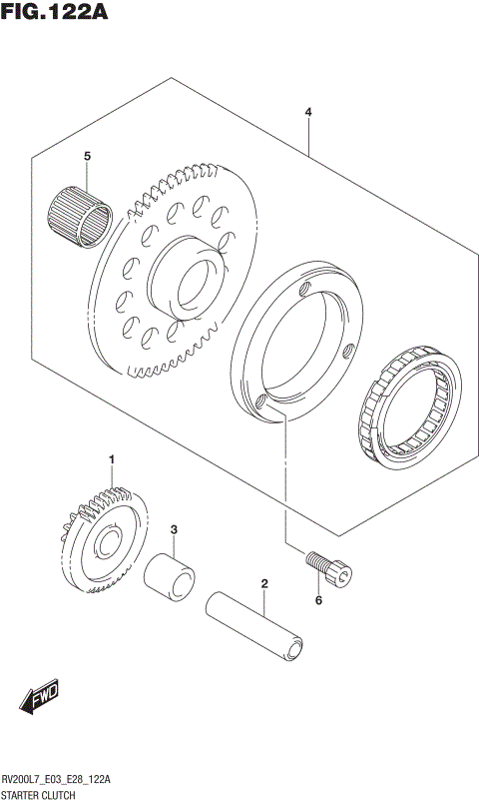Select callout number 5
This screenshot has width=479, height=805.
pyautogui.click(x=87, y=157)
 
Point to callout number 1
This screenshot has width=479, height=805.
pyautogui.click(x=112, y=458)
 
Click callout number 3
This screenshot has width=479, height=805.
pyautogui.click(x=173, y=529)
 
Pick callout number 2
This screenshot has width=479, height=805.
pyautogui.click(x=264, y=582)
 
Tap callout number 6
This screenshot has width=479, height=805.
pyautogui.click(x=319, y=600)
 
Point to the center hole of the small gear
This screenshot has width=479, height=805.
pyautogui.click(x=105, y=543)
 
